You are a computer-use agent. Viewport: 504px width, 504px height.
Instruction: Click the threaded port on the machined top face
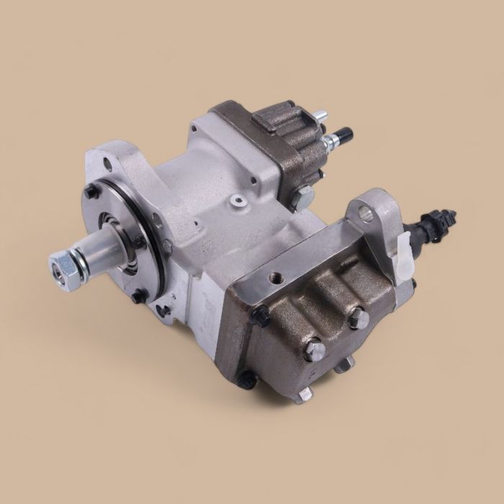pyautogui.click(x=276, y=276)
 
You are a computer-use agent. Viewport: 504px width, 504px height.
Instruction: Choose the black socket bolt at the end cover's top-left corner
pyautogui.click(x=261, y=312)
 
